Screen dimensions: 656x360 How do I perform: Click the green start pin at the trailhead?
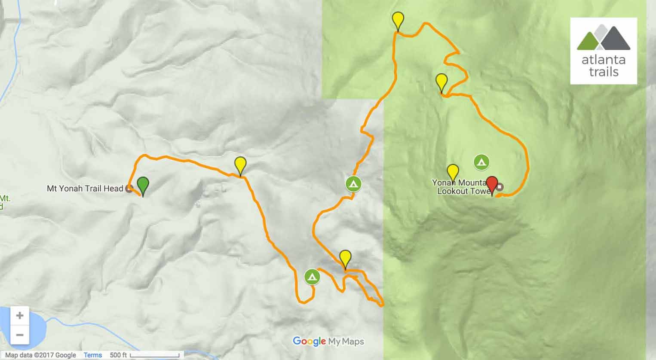coord(143,185)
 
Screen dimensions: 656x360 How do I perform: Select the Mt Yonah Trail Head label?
coord(85,188)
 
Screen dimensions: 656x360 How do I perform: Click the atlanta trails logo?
coord(604,51)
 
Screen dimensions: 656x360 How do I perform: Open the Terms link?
coord(93,355)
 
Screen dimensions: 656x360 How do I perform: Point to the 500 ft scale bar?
coord(154,355)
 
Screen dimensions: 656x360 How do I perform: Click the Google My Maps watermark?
coord(328,342)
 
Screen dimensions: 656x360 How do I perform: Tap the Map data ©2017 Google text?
coord(40,355)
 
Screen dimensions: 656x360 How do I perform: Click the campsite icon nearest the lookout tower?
coord(481,162)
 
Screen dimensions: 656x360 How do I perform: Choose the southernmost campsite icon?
coord(312,277)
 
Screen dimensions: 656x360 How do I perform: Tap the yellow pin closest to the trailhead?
coord(240,165)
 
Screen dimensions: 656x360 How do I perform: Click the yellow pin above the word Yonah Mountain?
coord(452,172)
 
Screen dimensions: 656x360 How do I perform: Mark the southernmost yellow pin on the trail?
coord(345,258)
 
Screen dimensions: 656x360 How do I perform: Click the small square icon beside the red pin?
coord(500,187)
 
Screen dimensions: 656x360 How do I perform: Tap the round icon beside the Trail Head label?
coord(128,189)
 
